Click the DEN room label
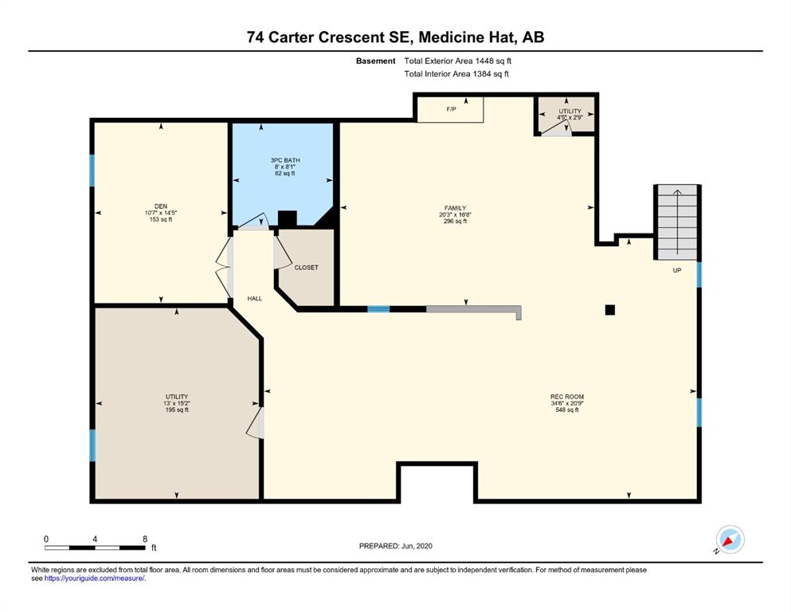tap(161, 206)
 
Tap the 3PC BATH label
tap(285, 160)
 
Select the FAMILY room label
tap(455, 208)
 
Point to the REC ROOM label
tap(567, 397)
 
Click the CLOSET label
tap(306, 268)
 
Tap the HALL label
tap(255, 299)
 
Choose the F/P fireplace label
tap(451, 109)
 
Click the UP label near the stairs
tap(677, 270)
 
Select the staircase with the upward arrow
tap(677, 222)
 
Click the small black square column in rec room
tap(610, 310)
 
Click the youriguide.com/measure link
tap(94, 579)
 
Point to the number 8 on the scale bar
tap(145, 539)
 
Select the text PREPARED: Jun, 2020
tap(395, 546)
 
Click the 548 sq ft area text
tap(567, 410)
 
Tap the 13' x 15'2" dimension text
tap(177, 403)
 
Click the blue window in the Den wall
tap(92, 171)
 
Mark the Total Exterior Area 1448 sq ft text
tap(457, 61)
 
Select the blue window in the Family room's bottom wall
tap(378, 309)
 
